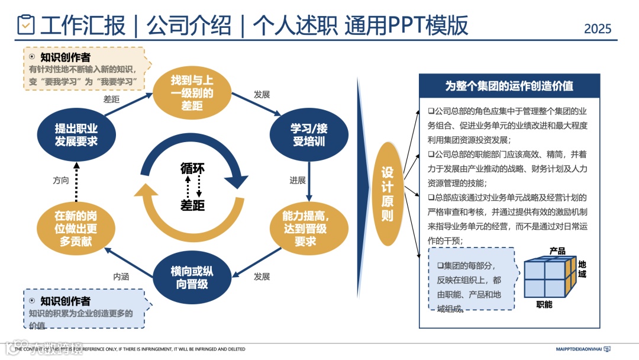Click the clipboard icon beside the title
pos(25,25)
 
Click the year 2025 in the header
pos(597,28)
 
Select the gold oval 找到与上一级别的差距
pos(192,94)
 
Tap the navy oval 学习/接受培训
pos(308,134)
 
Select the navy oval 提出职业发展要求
pos(76,134)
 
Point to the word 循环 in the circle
pos(192,168)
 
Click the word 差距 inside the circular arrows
pos(192,205)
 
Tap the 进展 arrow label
pos(298,180)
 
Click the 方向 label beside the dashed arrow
pos(61,180)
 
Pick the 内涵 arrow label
pos(121,276)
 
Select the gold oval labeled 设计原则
pos(387,194)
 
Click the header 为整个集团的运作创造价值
pos(509,86)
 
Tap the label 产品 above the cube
pos(557,251)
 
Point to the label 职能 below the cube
pos(544,304)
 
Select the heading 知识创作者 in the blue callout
pos(65,301)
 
